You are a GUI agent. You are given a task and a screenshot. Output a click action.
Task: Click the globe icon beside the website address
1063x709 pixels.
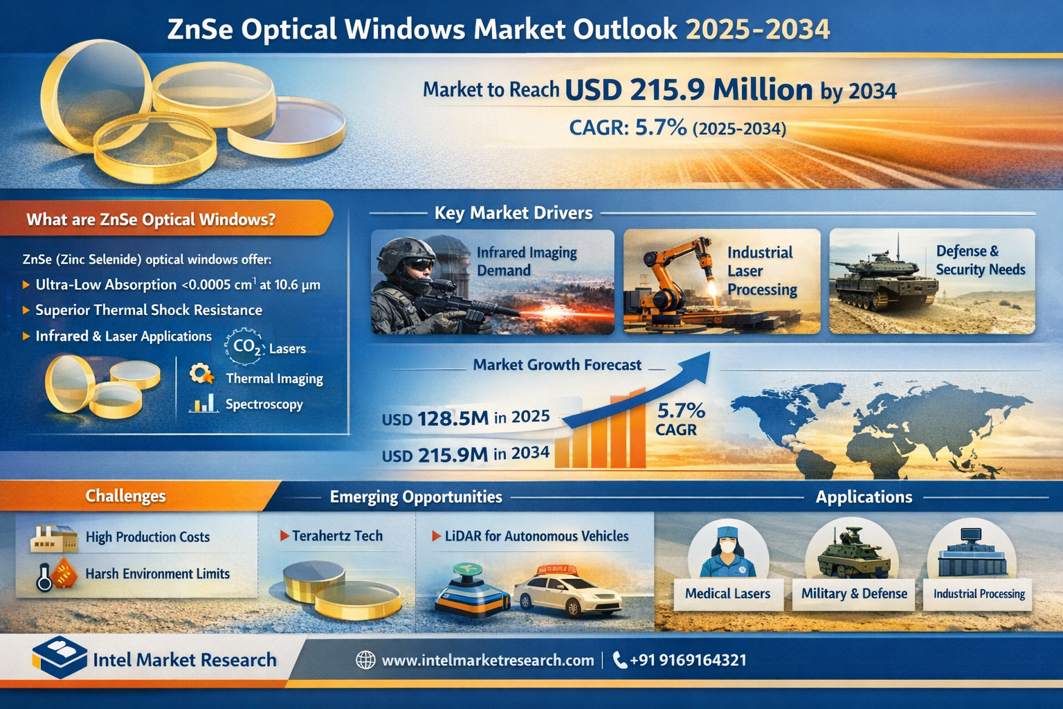click(x=365, y=660)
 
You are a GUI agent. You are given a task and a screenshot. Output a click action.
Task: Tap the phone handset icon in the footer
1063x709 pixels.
click(x=619, y=660)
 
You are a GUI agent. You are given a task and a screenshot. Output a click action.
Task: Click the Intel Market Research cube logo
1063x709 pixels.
click(x=60, y=657)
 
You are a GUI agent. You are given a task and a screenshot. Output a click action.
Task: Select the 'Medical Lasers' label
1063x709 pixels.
click(x=727, y=593)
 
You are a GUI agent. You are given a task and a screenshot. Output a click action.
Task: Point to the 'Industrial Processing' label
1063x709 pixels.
click(x=979, y=594)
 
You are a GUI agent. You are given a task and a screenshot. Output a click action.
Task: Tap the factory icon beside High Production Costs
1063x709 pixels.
click(x=53, y=538)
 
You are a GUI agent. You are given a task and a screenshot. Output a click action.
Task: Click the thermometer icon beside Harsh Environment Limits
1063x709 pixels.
click(x=44, y=577)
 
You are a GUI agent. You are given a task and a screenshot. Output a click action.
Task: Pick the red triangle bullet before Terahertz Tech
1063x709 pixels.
click(x=284, y=536)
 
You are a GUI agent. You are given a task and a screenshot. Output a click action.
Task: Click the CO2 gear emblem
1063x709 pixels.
click(x=244, y=347)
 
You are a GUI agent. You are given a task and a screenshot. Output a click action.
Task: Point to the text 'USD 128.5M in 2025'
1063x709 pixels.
click(x=466, y=418)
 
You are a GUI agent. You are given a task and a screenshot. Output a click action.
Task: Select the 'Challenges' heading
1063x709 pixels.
click(x=126, y=496)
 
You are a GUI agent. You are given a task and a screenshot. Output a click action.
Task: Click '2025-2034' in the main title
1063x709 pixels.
click(x=758, y=30)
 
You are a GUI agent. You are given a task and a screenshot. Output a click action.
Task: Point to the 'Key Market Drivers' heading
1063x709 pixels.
click(x=514, y=213)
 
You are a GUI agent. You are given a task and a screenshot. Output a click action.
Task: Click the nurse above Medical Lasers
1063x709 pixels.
click(x=727, y=553)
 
